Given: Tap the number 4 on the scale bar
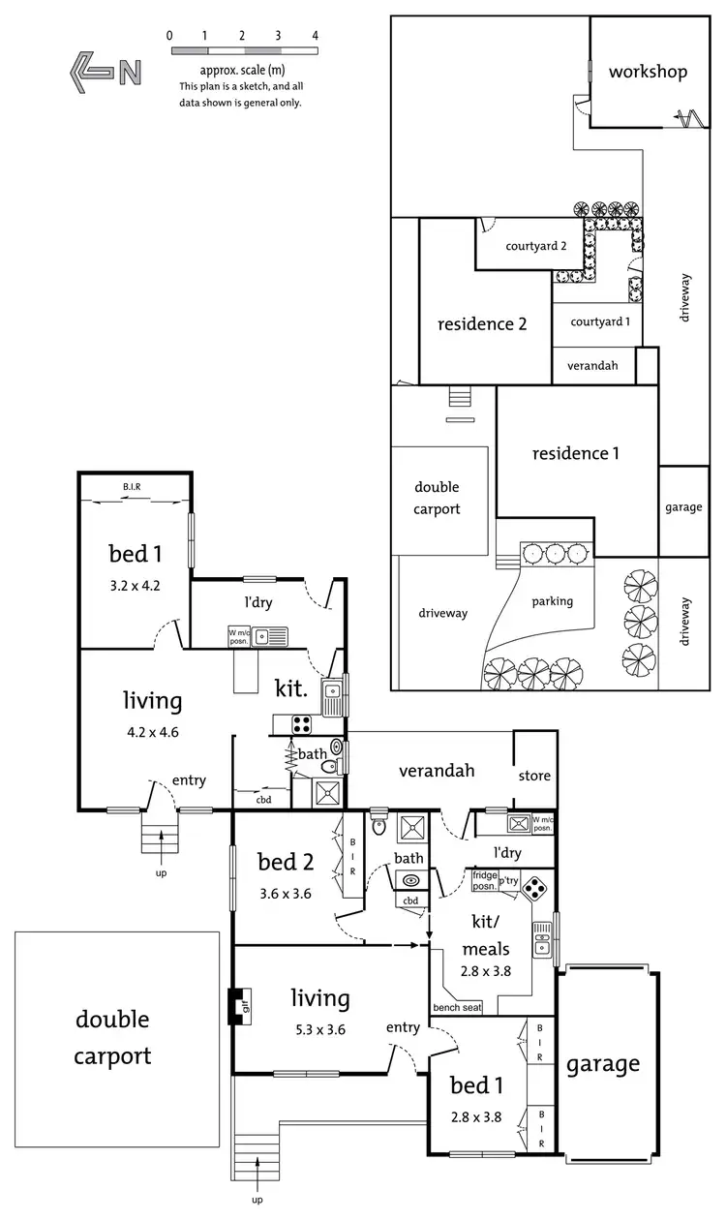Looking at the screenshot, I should click(315, 35).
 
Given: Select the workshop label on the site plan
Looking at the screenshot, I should click(648, 72).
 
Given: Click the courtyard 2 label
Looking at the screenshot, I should click(535, 246).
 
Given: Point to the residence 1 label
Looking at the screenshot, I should click(575, 452).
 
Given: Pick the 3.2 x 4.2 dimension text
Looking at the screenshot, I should click(134, 585).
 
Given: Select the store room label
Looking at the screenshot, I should click(534, 775).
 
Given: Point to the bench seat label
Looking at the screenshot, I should click(458, 1008).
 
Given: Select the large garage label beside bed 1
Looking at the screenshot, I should click(603, 1063).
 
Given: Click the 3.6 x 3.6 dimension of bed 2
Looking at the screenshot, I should click(285, 894).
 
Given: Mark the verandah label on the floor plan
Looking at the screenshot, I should click(438, 771).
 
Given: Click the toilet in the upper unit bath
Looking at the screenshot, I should click(337, 748).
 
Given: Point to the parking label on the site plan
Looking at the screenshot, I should click(552, 601).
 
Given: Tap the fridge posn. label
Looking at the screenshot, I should click(484, 880).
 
